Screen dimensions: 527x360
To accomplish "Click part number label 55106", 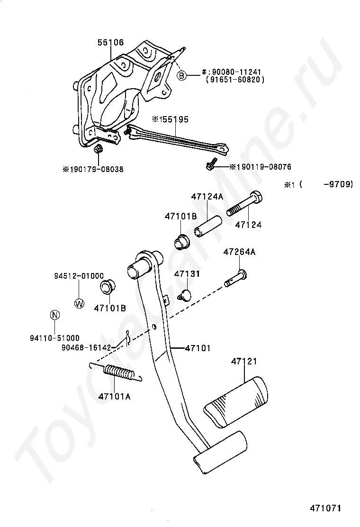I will [x=110, y=43].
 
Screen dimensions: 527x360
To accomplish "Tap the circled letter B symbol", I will [x=182, y=75].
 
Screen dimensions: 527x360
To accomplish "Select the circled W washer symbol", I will [x=79, y=304].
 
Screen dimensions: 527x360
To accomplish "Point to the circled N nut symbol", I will [x=54, y=315].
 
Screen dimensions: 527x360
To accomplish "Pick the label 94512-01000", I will [x=78, y=276].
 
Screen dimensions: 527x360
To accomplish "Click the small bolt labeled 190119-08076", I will [x=211, y=165].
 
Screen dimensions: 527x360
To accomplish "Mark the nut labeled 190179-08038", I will [x=99, y=150].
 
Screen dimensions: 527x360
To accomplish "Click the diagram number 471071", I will [x=325, y=508].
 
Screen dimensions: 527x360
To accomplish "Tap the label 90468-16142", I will [x=86, y=347].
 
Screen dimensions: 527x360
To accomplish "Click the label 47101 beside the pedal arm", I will [x=198, y=348].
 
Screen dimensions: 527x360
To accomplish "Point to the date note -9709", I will [x=338, y=185].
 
